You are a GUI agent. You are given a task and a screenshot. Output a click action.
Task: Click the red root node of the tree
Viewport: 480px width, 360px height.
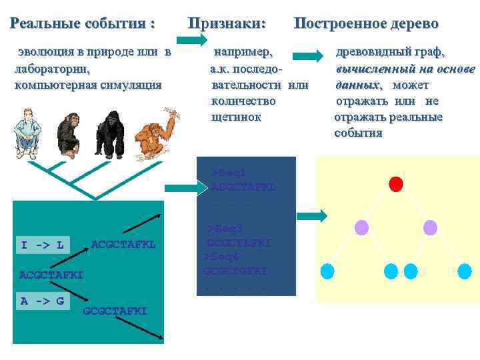point(397,183)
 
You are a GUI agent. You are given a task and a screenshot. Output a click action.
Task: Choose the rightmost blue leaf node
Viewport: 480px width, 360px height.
point(465,271)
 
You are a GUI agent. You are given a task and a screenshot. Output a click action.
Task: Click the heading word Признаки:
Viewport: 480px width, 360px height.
point(227,23)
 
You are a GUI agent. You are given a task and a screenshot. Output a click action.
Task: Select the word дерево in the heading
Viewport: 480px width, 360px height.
point(409,23)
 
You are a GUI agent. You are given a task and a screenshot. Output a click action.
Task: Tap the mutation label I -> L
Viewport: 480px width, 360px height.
point(42,245)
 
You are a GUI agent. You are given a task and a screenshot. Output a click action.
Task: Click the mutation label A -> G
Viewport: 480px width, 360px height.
point(42,301)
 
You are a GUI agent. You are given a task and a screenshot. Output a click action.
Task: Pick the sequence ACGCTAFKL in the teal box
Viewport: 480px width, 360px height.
point(123,245)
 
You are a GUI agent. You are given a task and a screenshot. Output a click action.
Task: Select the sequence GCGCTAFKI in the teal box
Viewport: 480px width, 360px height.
point(115,311)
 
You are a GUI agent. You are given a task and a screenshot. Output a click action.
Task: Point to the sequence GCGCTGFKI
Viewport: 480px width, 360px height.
point(235,271)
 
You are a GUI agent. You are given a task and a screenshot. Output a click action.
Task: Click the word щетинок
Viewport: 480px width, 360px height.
point(236,117)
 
